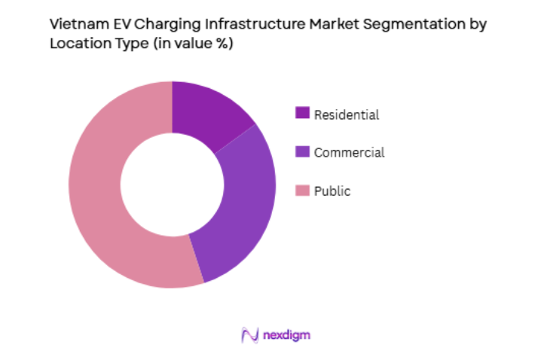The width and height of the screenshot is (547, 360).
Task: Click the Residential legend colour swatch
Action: coord(302,114)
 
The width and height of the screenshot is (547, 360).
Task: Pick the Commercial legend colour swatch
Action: coord(302,152)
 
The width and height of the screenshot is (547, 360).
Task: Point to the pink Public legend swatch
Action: coord(302,191)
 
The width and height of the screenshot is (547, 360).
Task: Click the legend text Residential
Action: coord(347,114)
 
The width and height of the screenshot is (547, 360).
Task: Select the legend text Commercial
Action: coord(349,152)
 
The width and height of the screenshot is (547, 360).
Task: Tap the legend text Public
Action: coord(332,191)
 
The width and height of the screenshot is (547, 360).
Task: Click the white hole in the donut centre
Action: coord(172,185)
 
